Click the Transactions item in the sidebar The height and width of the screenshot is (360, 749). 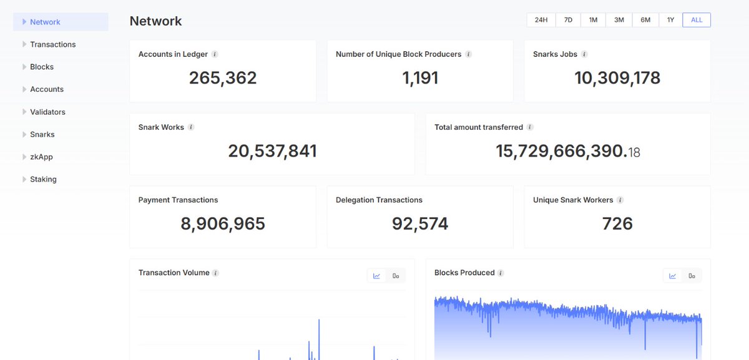(52, 44)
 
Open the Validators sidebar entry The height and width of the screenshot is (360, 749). (47, 112)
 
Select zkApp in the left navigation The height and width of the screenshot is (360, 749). (41, 157)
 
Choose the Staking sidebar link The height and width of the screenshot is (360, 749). (43, 179)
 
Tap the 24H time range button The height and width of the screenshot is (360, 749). (541, 20)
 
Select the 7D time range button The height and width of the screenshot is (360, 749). (568, 20)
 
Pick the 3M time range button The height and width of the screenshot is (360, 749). (619, 20)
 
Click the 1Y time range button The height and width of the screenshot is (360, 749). (670, 20)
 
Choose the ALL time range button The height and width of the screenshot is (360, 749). (697, 20)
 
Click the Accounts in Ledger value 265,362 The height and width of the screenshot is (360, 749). (223, 78)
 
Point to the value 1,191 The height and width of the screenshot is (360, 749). (420, 78)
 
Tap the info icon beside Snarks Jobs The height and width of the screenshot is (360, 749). (584, 54)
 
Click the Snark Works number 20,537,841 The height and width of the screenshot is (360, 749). (272, 151)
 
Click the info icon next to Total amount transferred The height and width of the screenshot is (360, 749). (530, 127)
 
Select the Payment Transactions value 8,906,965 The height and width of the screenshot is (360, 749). (223, 223)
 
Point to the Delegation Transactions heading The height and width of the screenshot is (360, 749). (379, 200)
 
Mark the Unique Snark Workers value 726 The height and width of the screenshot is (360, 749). (617, 223)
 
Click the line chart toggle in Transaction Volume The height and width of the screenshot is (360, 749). (377, 276)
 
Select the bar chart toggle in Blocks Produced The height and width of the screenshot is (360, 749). (692, 276)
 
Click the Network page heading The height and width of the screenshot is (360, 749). (155, 21)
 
